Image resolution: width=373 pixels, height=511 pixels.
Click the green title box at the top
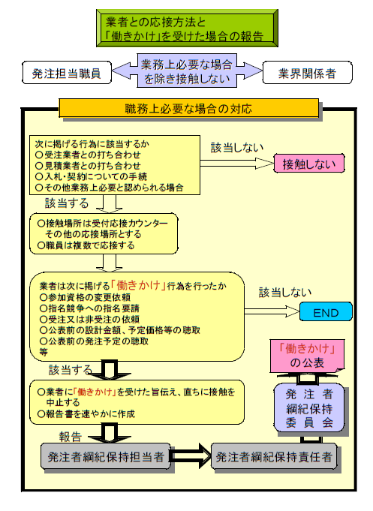187,28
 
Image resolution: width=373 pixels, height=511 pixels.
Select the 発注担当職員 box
67,73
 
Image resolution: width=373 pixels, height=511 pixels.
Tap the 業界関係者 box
307,73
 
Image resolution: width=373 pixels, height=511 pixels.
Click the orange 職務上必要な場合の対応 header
189,108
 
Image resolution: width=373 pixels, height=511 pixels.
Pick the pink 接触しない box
308,164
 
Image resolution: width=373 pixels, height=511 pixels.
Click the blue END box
326,312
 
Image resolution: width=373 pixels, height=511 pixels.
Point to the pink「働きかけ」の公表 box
307,356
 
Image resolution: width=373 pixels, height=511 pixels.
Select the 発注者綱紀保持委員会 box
309,408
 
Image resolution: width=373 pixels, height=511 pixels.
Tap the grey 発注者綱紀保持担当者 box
106,456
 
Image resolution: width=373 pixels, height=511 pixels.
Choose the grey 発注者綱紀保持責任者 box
274,456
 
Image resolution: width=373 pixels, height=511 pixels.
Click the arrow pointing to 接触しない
236,164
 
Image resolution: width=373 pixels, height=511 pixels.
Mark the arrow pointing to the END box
272,311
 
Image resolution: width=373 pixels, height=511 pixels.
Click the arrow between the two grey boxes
191,456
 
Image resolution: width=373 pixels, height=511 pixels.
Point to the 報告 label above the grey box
70,437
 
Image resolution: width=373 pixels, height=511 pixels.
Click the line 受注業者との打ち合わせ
88,155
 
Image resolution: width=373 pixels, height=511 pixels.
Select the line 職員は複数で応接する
86,245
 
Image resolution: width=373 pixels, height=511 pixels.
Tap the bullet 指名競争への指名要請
89,308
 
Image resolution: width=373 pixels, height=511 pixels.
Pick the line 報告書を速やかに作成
86,414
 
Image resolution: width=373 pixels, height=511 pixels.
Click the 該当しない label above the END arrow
285,293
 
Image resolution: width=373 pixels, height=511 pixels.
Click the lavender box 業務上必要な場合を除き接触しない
187,71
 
